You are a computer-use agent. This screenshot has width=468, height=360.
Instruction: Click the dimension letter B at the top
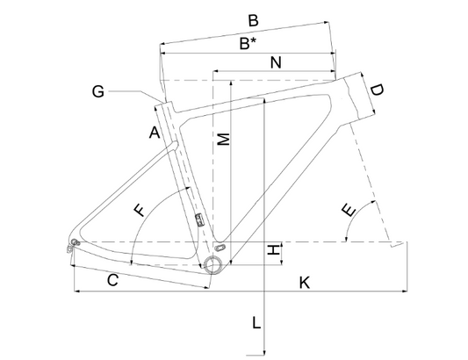coord(253,21)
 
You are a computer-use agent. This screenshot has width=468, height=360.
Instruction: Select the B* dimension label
coord(248,44)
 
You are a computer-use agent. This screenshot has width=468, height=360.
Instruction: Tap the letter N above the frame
coord(276,62)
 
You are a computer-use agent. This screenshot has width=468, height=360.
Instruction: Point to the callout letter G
coord(97,91)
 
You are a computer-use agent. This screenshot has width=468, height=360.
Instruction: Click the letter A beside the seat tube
coord(155,133)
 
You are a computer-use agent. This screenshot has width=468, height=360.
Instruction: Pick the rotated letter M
coord(224,139)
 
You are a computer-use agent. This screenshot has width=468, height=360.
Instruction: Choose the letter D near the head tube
coord(377,90)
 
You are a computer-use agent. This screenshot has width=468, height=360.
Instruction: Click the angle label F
coord(140,210)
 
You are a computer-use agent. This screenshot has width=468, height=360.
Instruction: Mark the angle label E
coord(349,210)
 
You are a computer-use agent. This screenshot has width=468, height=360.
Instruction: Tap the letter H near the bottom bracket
coord(273,249)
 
